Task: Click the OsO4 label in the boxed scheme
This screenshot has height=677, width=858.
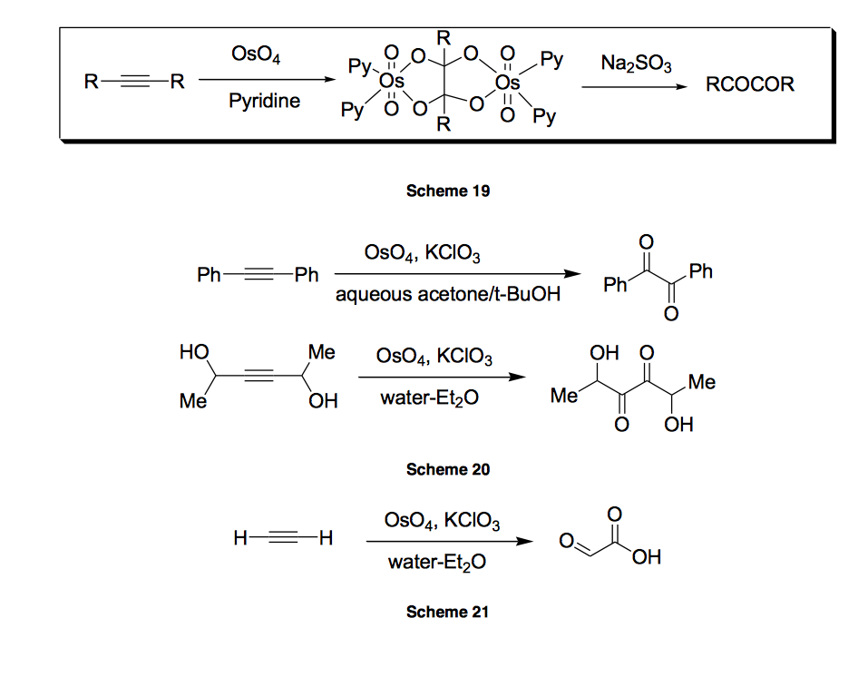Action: tap(256, 57)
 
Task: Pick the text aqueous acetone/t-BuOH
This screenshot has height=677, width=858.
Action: tap(447, 295)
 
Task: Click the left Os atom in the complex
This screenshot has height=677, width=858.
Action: tap(392, 83)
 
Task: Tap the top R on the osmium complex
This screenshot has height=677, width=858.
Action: tap(444, 38)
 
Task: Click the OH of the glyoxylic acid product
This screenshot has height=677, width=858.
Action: tap(647, 556)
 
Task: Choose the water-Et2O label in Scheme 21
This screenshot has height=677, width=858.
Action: tap(436, 563)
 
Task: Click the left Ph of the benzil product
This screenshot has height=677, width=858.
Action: tap(616, 286)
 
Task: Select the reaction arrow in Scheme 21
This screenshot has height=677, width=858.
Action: tap(447, 542)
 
